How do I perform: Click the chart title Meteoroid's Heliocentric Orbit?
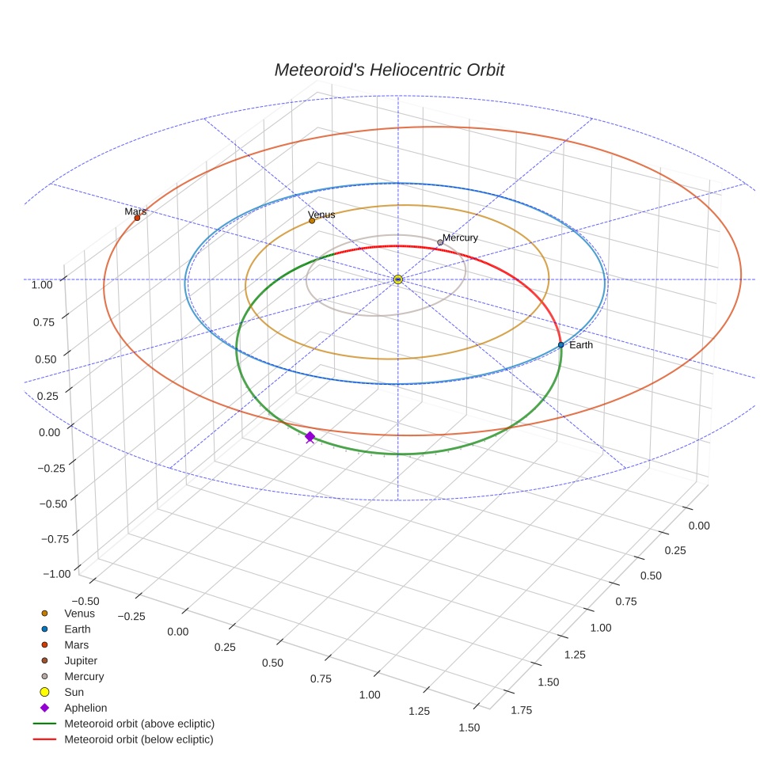(x=389, y=70)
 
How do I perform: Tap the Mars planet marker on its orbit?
(x=137, y=218)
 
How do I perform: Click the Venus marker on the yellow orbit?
(x=312, y=221)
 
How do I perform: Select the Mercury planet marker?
(x=440, y=242)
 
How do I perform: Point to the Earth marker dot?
(x=560, y=344)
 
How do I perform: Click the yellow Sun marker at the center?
(x=398, y=279)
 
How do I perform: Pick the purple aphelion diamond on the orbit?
(x=310, y=436)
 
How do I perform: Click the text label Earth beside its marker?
(x=581, y=345)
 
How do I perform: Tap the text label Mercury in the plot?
(x=460, y=237)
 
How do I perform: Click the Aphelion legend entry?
(x=85, y=708)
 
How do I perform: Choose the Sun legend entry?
(x=74, y=692)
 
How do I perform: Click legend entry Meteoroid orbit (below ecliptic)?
(x=139, y=739)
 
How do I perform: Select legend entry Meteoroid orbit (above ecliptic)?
(x=139, y=724)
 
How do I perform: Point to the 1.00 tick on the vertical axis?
(x=42, y=284)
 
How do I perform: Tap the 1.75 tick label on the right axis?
(x=522, y=709)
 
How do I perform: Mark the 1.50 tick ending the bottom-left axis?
(x=469, y=727)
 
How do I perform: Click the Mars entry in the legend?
(x=76, y=644)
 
